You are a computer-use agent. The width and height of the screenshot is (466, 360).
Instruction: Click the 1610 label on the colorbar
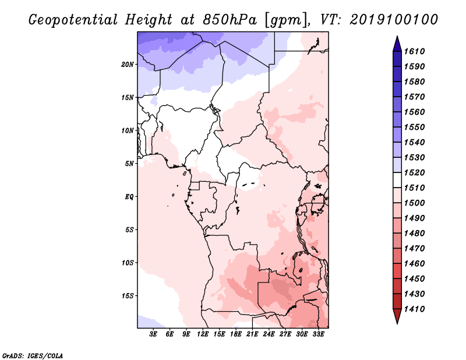[x=416, y=51]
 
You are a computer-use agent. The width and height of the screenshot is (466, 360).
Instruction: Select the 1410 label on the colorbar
[x=416, y=309]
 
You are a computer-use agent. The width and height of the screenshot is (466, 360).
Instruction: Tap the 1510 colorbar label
[x=416, y=188]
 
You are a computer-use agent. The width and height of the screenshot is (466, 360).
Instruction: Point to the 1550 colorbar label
[x=416, y=127]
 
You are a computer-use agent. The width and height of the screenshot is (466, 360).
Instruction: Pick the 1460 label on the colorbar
[x=416, y=263]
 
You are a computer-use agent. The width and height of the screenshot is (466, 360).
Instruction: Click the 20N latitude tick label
[x=128, y=64]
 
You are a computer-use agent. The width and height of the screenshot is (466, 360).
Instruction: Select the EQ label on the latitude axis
[x=129, y=196]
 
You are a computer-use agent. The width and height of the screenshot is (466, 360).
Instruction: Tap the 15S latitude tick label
[x=128, y=295]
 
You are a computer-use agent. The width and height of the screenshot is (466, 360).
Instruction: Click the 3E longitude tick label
[x=154, y=334]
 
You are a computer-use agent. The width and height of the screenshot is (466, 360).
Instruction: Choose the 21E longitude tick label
[x=252, y=334]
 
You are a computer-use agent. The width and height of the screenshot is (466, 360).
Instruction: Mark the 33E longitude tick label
[x=318, y=334]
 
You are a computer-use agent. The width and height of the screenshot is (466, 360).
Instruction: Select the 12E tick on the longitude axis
[x=203, y=334]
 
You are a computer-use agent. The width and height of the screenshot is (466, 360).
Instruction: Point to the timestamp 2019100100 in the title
[x=394, y=19]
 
